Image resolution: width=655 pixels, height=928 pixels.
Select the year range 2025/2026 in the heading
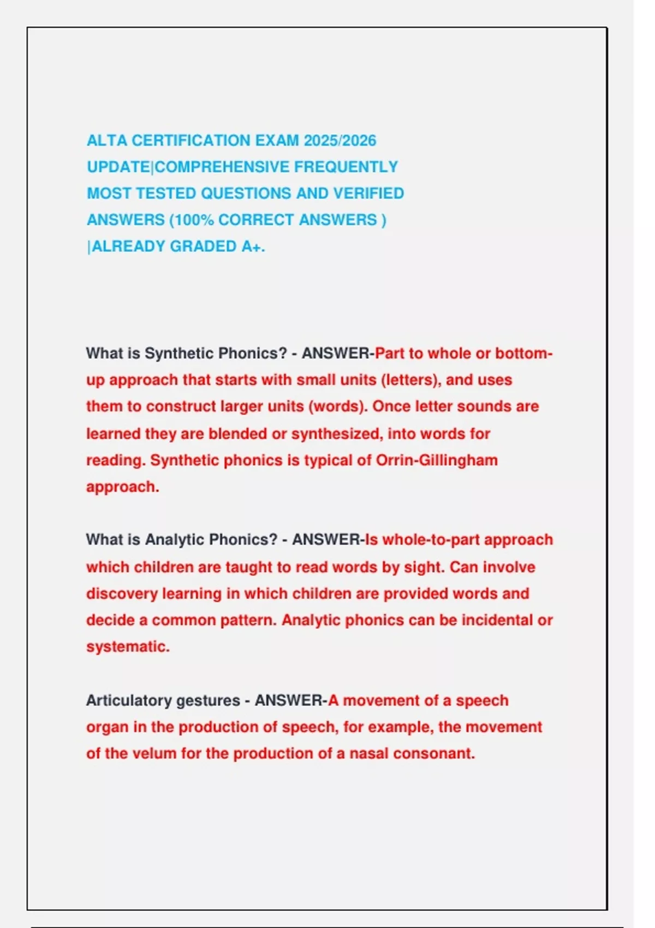coord(340,141)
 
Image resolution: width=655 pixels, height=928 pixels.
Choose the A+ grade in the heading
coord(253,247)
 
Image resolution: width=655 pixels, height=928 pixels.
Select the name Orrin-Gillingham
coord(436,460)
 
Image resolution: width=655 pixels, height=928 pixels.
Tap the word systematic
coord(128,647)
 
